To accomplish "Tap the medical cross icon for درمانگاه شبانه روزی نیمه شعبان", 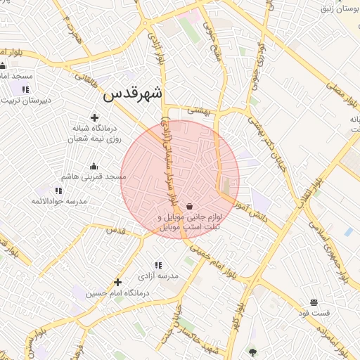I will click(x=95, y=117).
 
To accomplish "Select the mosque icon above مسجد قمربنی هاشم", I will click(x=94, y=167).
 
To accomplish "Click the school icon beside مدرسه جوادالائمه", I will click(x=58, y=191).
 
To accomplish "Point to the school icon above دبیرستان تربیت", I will click(x=25, y=89).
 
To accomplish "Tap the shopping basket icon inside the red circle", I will click(x=190, y=206).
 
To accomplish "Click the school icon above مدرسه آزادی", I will click(x=158, y=265).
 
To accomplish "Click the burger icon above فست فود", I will click(x=314, y=302).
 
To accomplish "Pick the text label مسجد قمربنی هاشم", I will click(x=94, y=176).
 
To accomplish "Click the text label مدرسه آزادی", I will click(x=159, y=276).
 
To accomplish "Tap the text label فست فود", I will click(x=325, y=312).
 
